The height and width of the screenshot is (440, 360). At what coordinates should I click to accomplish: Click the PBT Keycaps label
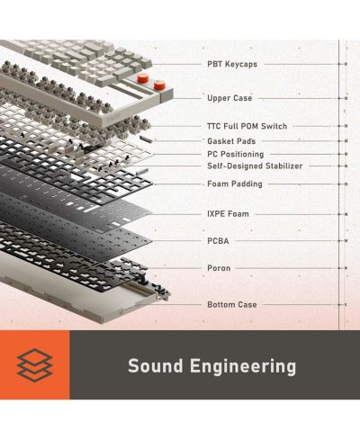click(x=232, y=64)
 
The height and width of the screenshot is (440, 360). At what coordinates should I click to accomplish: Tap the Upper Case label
click(x=229, y=98)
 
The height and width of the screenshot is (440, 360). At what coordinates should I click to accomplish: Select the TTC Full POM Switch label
click(x=247, y=126)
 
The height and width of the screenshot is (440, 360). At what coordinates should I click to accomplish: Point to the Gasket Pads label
click(x=231, y=141)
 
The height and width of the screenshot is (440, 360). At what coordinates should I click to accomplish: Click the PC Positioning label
click(x=236, y=154)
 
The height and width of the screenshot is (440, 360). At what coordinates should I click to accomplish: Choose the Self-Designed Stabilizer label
click(x=255, y=166)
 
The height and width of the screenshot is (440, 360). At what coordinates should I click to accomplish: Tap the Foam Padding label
click(x=235, y=184)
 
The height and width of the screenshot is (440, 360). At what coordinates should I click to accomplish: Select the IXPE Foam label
click(x=228, y=214)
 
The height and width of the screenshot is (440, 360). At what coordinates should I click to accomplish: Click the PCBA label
click(x=218, y=241)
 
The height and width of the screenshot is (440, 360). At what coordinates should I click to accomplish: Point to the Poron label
click(x=219, y=268)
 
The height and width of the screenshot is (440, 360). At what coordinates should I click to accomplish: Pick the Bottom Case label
click(x=232, y=305)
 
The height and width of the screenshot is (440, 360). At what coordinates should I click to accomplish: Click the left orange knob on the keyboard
click(x=143, y=78)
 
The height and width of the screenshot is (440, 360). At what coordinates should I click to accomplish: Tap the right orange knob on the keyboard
click(x=159, y=85)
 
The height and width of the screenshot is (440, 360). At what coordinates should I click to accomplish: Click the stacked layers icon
click(x=35, y=365)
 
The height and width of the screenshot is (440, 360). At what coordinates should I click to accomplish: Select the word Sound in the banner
click(x=156, y=366)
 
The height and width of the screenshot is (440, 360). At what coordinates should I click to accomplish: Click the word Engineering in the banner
click(x=243, y=367)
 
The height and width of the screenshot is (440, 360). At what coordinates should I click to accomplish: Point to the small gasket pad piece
click(x=147, y=139)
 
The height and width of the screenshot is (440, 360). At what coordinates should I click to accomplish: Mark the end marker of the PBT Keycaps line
click(x=346, y=64)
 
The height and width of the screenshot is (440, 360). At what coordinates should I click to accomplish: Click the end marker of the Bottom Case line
click(x=346, y=305)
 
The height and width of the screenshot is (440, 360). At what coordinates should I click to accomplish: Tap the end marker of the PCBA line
click(x=346, y=241)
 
